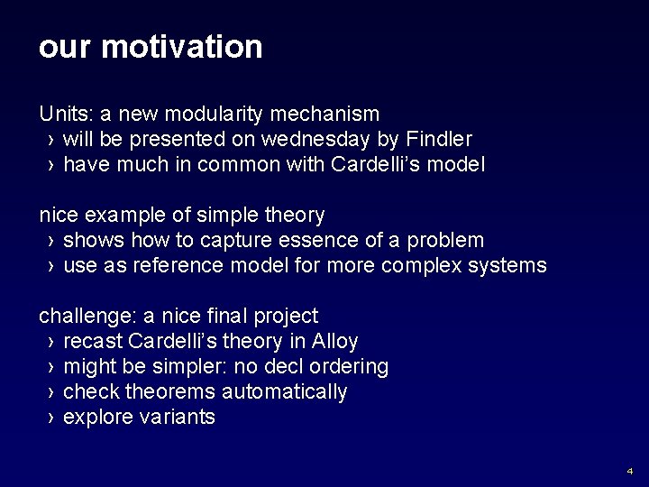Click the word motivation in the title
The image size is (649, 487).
[x=182, y=47]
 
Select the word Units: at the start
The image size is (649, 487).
[x=60, y=114]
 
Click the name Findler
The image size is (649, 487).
[x=438, y=139]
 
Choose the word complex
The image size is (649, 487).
[x=419, y=265]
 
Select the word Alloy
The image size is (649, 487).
[x=334, y=342]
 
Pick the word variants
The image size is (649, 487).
[x=180, y=417]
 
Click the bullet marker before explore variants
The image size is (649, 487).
[x=50, y=418]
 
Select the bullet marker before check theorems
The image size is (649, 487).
[x=50, y=392]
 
